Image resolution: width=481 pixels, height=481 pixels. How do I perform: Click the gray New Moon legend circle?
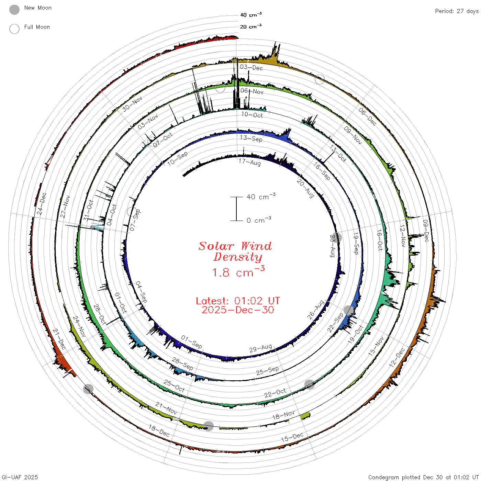point(14,10)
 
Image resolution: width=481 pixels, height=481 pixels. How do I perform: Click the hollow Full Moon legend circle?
point(14,29)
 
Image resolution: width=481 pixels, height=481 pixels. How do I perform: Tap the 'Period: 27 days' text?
point(457,11)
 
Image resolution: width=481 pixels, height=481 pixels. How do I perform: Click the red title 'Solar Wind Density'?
point(235,251)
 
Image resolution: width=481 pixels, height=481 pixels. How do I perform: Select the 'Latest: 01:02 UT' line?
point(238,301)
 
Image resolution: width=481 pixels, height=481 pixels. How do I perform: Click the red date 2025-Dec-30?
point(238,310)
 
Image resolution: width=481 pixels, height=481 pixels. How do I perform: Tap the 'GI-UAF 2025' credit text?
point(20,477)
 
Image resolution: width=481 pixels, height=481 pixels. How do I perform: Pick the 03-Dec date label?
point(251,67)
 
